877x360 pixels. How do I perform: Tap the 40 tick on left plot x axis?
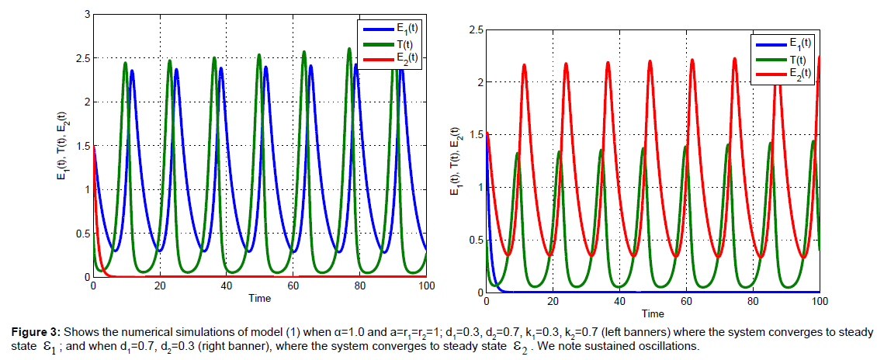227,286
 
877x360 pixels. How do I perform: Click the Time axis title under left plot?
260,298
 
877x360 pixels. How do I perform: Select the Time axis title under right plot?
653,313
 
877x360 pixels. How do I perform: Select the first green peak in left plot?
126,63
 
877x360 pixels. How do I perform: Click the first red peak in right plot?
524,65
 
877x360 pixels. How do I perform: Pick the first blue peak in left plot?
132,71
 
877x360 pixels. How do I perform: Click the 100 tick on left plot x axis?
426,286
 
